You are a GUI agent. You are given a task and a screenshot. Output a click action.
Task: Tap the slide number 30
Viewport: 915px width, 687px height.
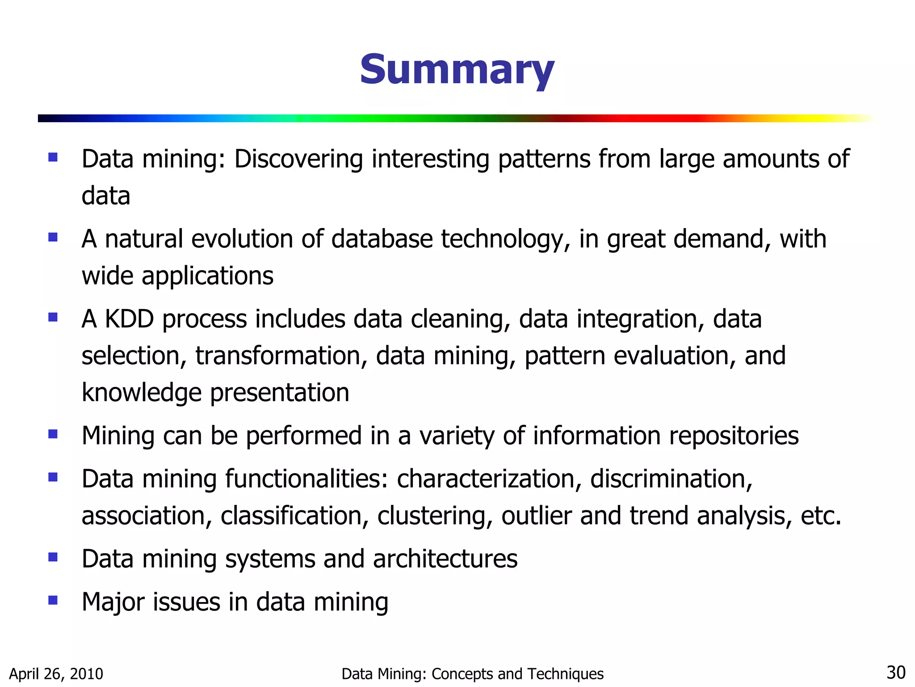(x=895, y=673)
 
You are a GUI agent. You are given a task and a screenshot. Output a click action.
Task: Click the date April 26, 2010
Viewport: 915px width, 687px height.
(x=56, y=674)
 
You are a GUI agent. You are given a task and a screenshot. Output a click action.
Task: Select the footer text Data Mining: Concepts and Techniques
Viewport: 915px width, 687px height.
(x=472, y=674)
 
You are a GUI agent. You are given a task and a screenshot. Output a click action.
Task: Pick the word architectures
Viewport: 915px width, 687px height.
(x=445, y=559)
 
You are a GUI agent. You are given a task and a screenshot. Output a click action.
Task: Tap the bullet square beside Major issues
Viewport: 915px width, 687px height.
(x=53, y=600)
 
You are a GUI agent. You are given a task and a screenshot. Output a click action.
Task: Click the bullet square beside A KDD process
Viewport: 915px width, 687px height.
(x=53, y=317)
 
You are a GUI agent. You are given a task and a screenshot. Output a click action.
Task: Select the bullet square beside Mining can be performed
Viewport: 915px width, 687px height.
(x=53, y=434)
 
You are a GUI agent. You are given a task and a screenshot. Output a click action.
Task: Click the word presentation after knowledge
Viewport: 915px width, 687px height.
(x=279, y=393)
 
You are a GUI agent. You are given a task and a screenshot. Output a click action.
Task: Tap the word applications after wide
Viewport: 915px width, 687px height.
(x=207, y=276)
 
